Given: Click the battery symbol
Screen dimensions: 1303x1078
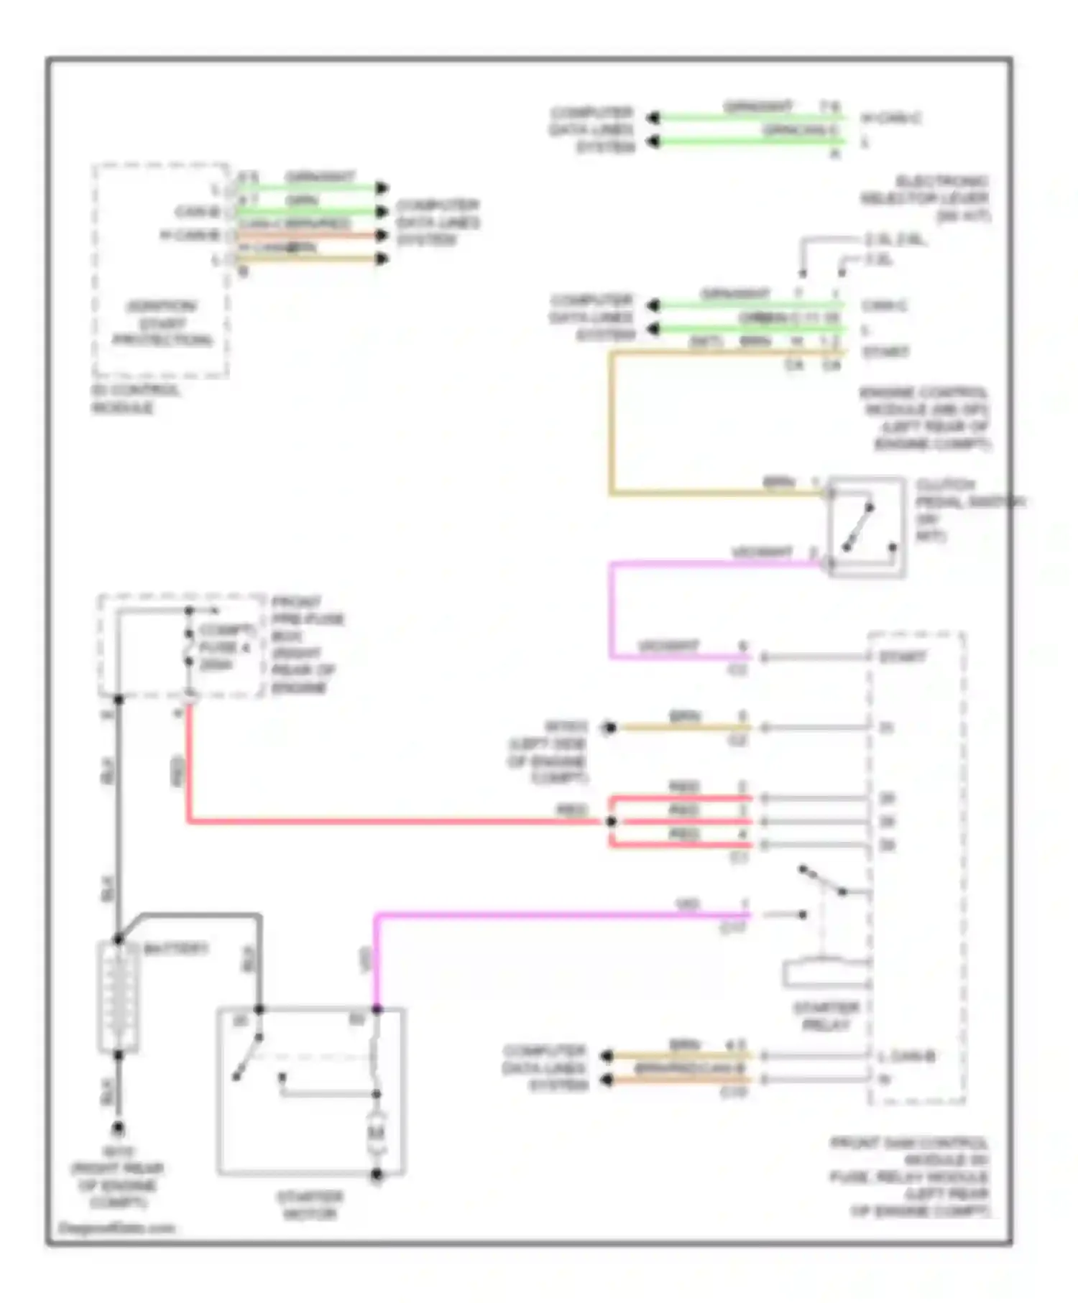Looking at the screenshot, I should click(118, 997).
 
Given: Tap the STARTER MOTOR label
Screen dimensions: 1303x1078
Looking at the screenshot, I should click(310, 1205).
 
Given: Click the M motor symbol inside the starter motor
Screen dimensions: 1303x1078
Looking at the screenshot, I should click(377, 1134).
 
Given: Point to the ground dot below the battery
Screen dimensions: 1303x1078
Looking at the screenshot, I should click(118, 1128).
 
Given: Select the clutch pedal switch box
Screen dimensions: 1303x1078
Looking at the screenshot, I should click(866, 527).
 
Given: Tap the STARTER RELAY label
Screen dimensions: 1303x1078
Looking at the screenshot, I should click(826, 1016).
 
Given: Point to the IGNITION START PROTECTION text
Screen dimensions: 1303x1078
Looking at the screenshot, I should click(162, 323).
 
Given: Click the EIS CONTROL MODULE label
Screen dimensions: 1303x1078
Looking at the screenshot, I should click(134, 399).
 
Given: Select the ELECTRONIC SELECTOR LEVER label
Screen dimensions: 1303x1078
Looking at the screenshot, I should click(927, 198).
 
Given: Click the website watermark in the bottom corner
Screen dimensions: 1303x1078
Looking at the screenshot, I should click(116, 1228).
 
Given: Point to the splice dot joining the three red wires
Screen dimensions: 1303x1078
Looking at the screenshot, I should click(611, 821).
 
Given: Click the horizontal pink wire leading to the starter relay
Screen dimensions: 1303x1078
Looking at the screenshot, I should click(561, 914).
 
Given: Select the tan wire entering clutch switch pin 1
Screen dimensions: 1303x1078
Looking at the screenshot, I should click(719, 493).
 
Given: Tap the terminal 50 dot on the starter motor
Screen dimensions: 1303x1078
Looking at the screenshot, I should click(377, 1009).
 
